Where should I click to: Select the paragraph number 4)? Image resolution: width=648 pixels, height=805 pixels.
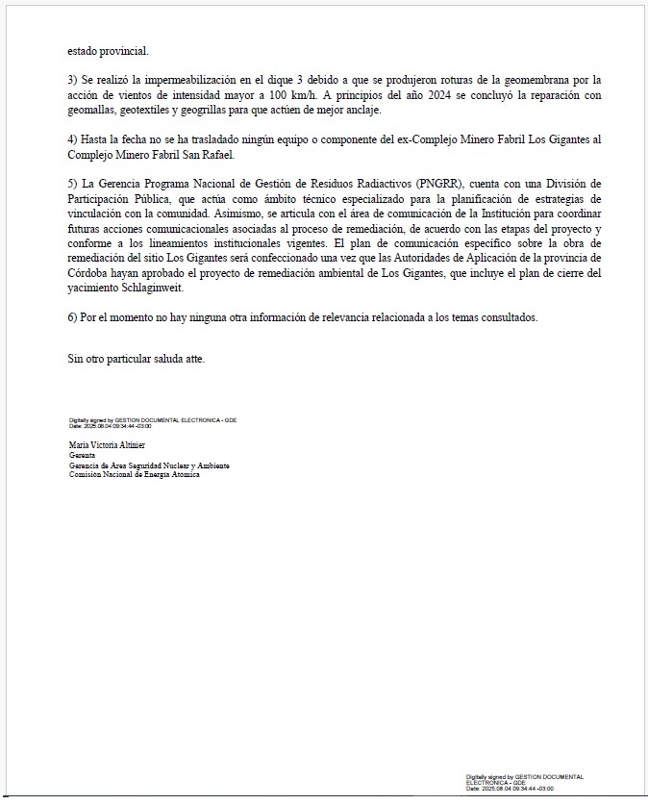click(x=73, y=139)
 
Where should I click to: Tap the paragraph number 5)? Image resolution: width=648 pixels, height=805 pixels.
click(x=73, y=185)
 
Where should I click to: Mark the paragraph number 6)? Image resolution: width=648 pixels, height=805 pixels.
click(x=73, y=318)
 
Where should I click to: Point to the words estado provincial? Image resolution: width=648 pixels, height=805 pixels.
click(x=108, y=50)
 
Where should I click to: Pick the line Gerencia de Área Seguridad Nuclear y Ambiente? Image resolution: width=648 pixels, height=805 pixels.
click(x=149, y=465)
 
